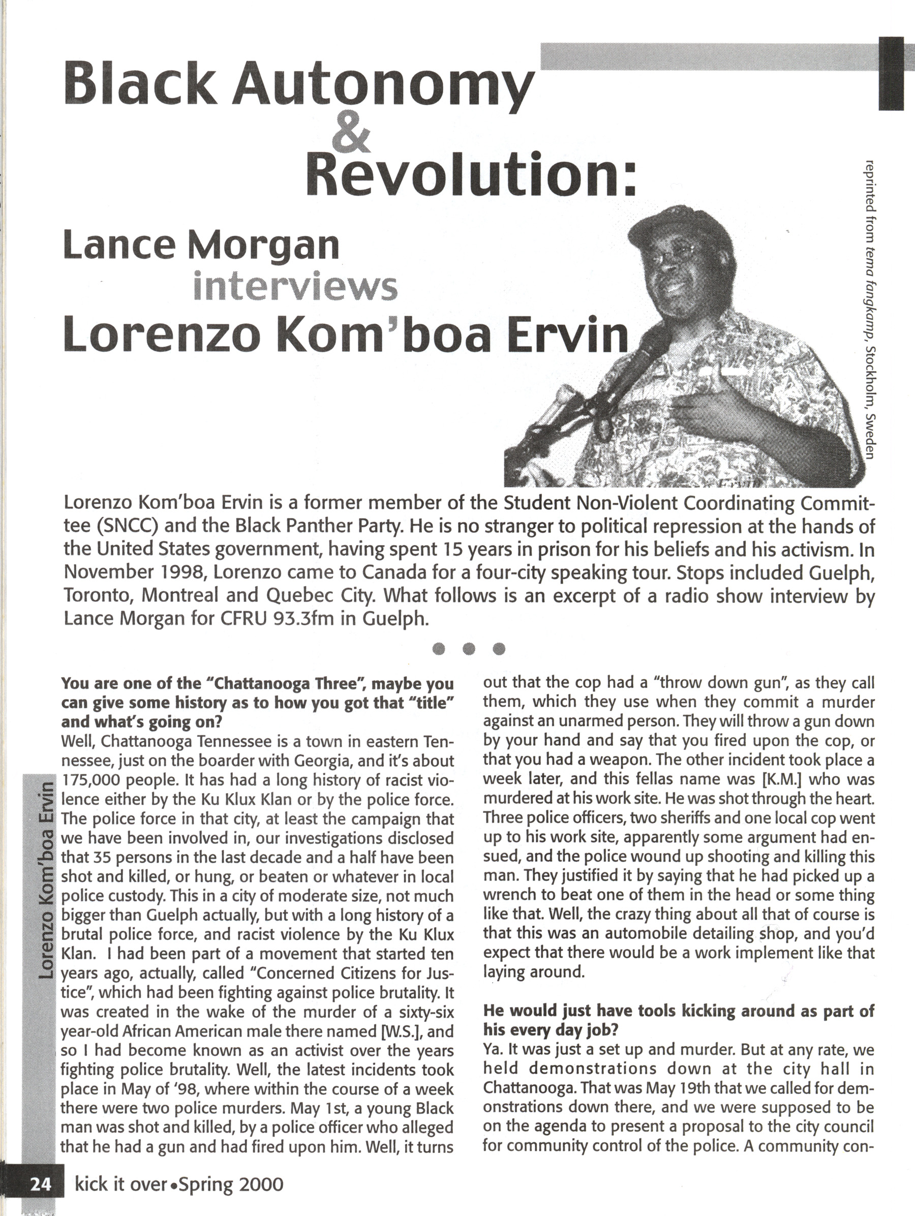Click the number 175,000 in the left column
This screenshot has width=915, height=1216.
(91, 780)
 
